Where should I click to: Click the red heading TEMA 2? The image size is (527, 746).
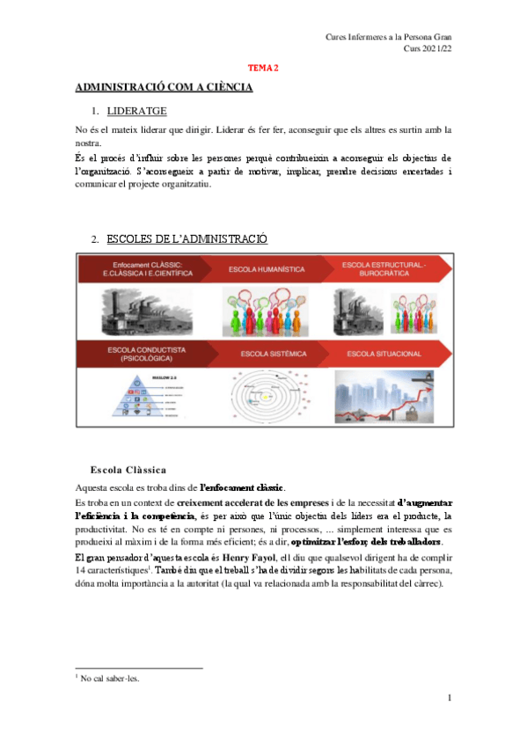click(x=263, y=67)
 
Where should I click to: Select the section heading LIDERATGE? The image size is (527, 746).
click(x=136, y=112)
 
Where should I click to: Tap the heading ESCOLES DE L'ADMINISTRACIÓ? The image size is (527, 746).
click(x=187, y=239)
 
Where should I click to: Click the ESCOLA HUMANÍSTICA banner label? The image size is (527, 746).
click(x=262, y=268)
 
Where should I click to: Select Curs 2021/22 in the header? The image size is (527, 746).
click(x=427, y=49)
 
